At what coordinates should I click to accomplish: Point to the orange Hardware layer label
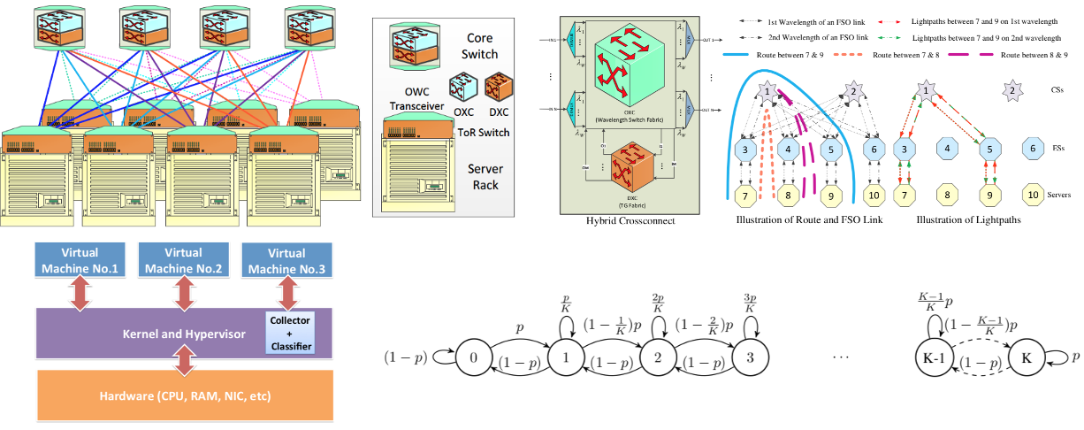(x=184, y=395)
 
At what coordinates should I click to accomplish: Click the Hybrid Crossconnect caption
(x=631, y=221)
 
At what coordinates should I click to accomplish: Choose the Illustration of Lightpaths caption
(x=969, y=219)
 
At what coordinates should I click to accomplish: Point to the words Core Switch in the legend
(x=480, y=47)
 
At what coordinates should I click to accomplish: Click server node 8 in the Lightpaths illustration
(x=948, y=192)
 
